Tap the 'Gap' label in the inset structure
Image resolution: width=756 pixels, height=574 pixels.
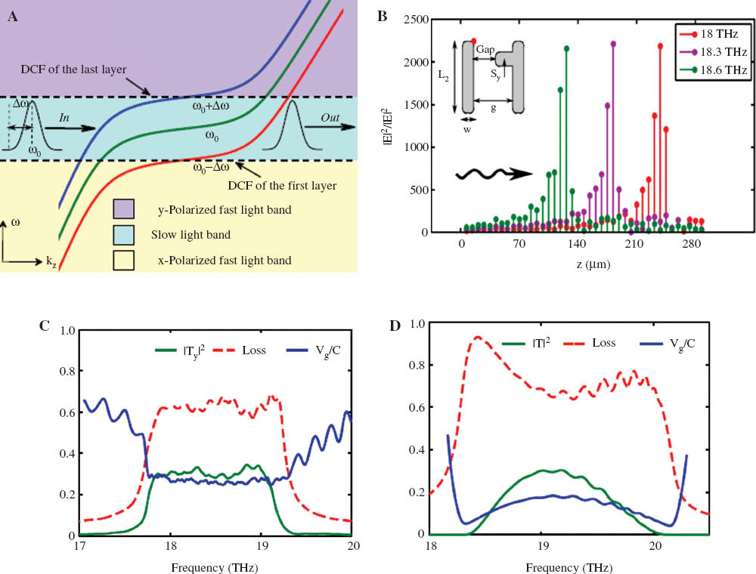point(485,49)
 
